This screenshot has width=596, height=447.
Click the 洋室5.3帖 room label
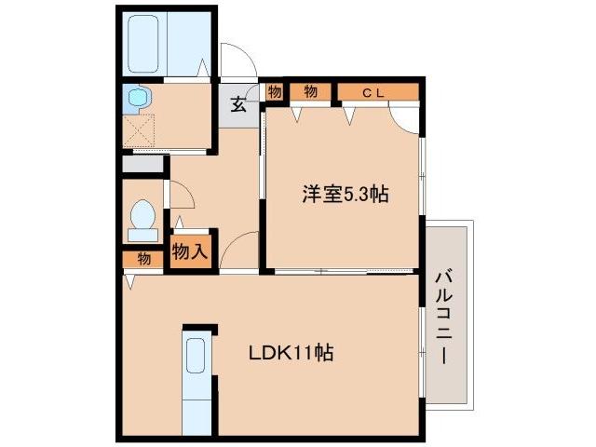(x=344, y=195)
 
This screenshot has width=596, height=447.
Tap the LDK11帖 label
(x=291, y=354)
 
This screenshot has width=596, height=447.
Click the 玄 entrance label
(x=238, y=104)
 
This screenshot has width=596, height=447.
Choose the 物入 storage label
(x=190, y=251)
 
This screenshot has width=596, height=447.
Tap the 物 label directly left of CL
(x=310, y=91)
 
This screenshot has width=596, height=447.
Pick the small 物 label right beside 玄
(x=275, y=91)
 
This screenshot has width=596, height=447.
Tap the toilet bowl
(x=143, y=217)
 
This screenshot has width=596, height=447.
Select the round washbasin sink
(x=138, y=97)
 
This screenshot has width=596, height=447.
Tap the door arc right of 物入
(x=237, y=250)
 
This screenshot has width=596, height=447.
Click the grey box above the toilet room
(x=143, y=164)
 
